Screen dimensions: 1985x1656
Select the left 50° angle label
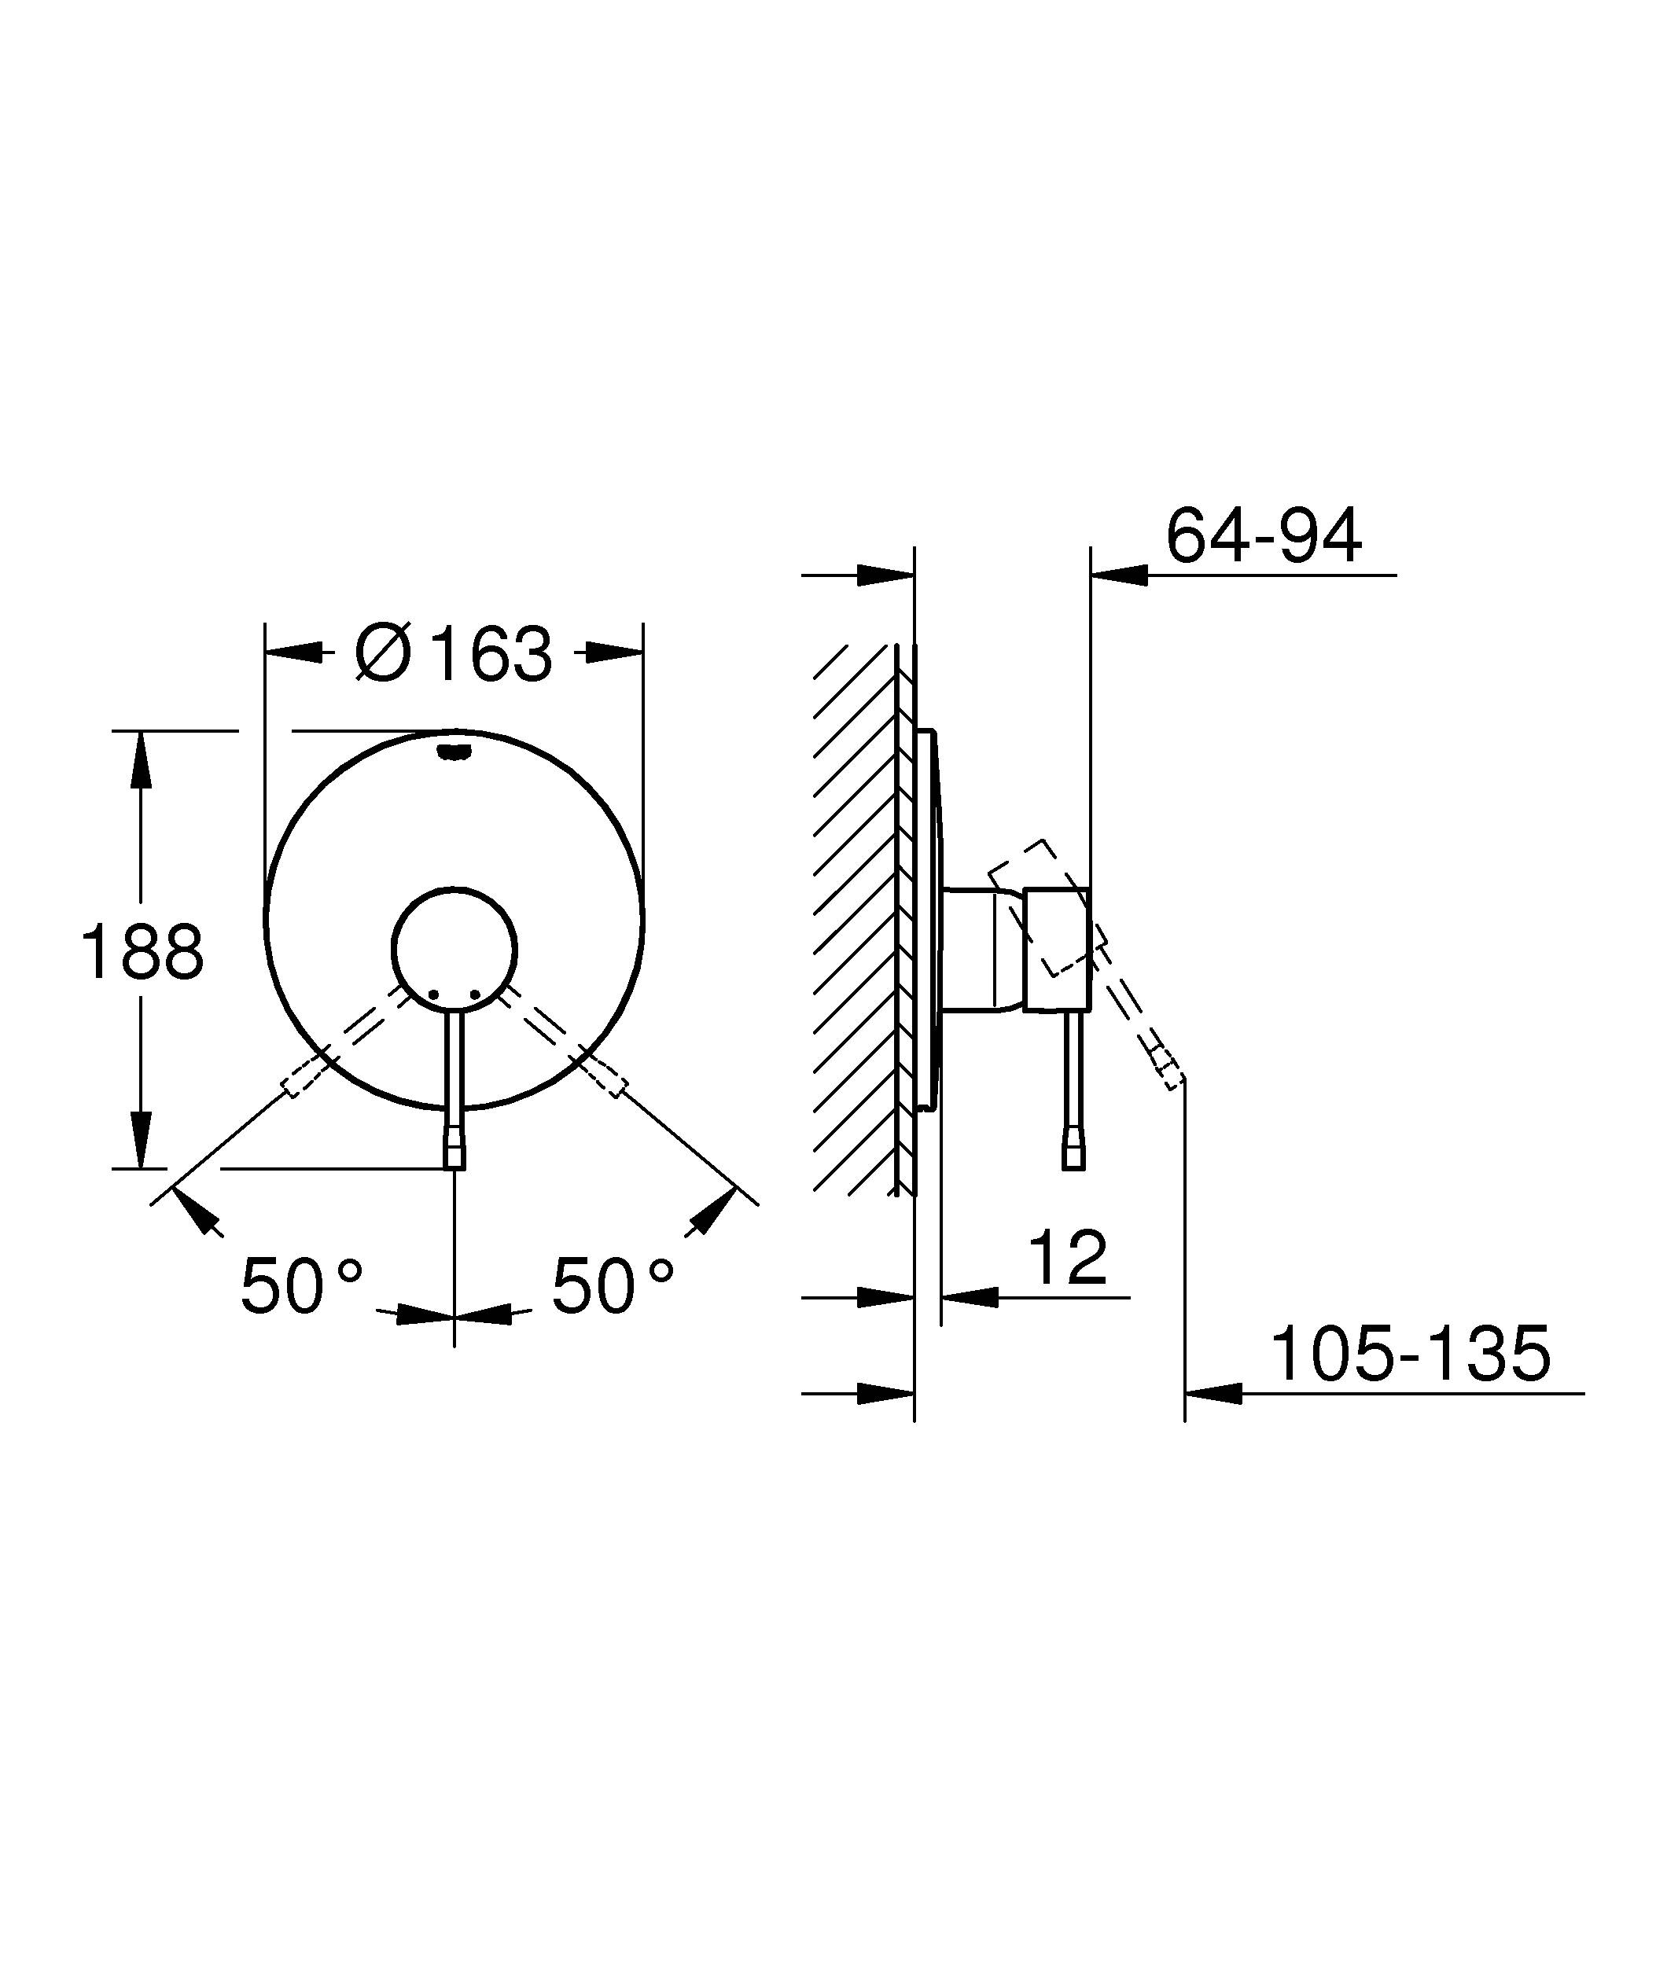point(300,1286)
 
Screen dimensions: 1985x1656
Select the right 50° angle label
point(613,1286)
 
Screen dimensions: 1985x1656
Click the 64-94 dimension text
point(1263,536)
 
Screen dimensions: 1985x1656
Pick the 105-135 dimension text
point(1410,1355)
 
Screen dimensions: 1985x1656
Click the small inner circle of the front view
point(454,948)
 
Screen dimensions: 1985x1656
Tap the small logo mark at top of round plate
point(454,752)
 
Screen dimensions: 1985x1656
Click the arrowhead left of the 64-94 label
point(1119,574)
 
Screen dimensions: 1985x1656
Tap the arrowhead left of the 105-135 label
point(1213,1393)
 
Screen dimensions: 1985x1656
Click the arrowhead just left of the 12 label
point(970,1298)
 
